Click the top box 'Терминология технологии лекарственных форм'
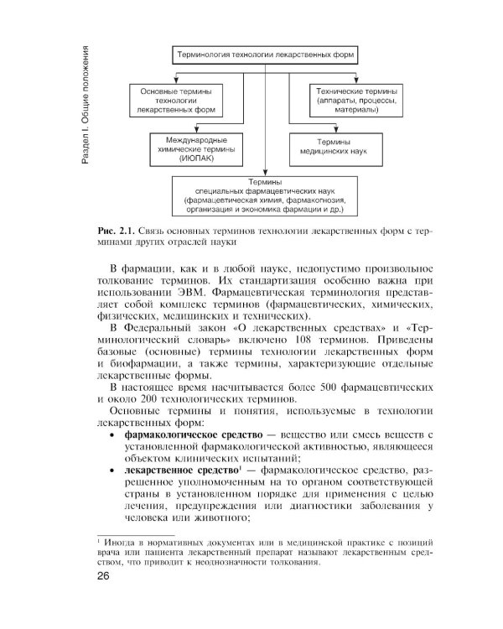tap(265, 55)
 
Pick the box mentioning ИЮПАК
tap(189, 148)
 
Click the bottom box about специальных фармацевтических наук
tap(264, 195)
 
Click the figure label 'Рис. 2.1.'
tap(117, 229)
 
